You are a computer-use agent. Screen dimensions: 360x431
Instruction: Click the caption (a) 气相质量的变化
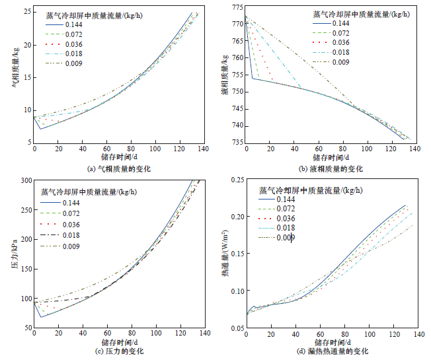click(119, 169)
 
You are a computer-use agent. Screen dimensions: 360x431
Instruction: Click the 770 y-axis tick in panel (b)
click(237, 22)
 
